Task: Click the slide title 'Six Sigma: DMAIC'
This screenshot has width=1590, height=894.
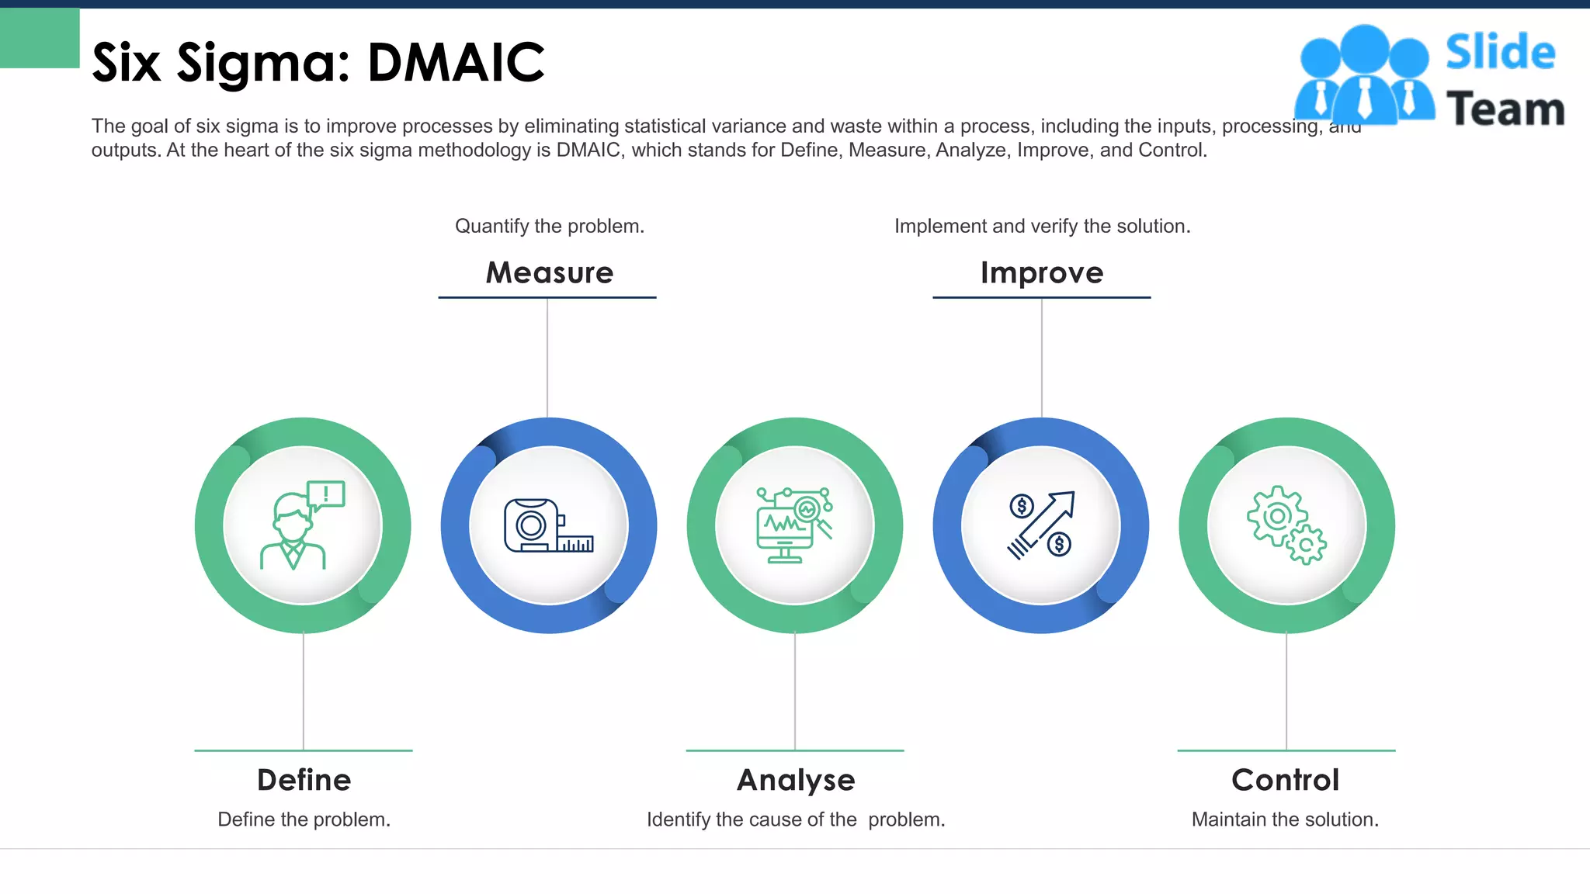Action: pyautogui.click(x=318, y=62)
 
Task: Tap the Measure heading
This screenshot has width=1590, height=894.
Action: pyautogui.click(x=550, y=272)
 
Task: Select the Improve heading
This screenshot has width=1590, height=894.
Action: pyautogui.click(x=1042, y=272)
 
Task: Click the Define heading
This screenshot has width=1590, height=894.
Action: pyautogui.click(x=304, y=780)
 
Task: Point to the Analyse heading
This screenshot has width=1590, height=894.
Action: pyautogui.click(x=796, y=780)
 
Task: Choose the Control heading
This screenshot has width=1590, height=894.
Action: pyautogui.click(x=1286, y=780)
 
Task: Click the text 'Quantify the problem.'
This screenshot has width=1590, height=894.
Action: pyautogui.click(x=550, y=226)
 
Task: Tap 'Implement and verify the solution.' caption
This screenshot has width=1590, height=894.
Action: pyautogui.click(x=1042, y=226)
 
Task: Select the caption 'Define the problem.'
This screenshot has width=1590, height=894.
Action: pyautogui.click(x=304, y=819)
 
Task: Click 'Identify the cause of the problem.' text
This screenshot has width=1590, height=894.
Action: pyautogui.click(x=796, y=819)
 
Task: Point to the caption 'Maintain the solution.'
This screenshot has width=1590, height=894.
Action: pyautogui.click(x=1285, y=819)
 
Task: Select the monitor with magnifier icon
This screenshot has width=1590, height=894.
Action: pyautogui.click(x=794, y=525)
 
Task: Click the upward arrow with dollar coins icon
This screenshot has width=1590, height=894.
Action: pyautogui.click(x=1041, y=525)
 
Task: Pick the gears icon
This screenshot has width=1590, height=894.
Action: pyautogui.click(x=1286, y=525)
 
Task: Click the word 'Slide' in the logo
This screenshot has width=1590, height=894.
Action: pyautogui.click(x=1501, y=53)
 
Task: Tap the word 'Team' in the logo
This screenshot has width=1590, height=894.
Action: pyautogui.click(x=1505, y=109)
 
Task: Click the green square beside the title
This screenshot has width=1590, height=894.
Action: pyautogui.click(x=40, y=38)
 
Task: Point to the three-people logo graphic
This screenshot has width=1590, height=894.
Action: pyautogui.click(x=1364, y=75)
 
